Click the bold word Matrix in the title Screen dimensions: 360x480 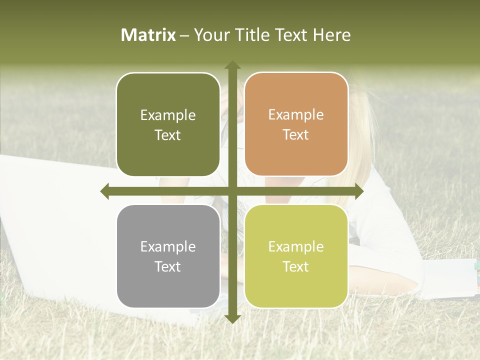click(x=148, y=35)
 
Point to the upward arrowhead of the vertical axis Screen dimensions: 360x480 click(x=232, y=64)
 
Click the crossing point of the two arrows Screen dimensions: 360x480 click(x=232, y=191)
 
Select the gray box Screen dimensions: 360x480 click(x=168, y=285)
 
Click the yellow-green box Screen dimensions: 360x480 click(x=296, y=285)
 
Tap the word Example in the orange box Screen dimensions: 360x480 click(x=296, y=115)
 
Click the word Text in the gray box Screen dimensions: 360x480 click(x=168, y=266)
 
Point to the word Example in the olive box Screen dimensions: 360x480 click(x=168, y=115)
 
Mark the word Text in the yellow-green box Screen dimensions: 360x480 click(x=296, y=266)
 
